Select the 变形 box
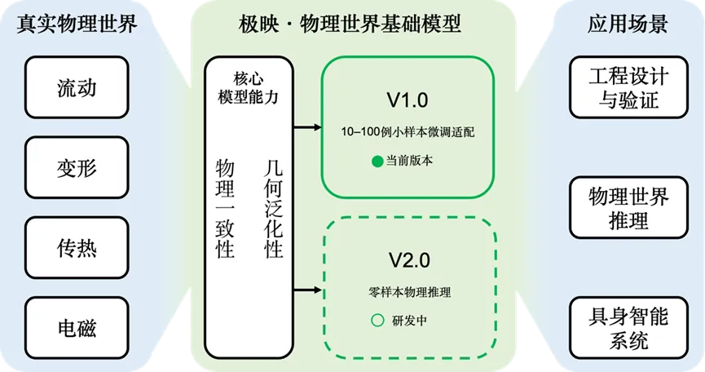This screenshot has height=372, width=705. point(77,168)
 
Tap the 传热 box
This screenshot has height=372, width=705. point(77,248)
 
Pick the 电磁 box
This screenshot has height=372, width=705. point(77,328)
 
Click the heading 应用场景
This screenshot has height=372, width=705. point(628,25)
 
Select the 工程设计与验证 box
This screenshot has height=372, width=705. point(628,89)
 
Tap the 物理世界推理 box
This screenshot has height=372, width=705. point(628,208)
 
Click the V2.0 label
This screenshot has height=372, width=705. point(410,261)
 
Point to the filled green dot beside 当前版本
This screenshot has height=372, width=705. point(377,161)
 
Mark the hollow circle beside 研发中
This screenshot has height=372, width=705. point(377,321)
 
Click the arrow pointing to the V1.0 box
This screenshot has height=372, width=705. point(306,127)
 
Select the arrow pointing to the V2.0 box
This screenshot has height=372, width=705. point(306,288)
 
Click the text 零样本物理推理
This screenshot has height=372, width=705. point(409,292)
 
